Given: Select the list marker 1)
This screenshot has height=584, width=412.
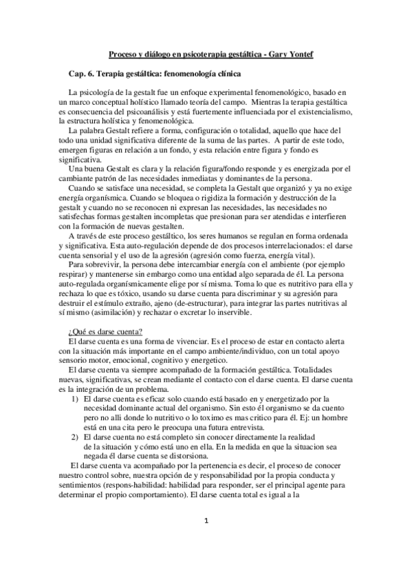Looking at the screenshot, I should click(x=75, y=399).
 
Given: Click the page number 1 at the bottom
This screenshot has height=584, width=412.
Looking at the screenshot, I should click(x=206, y=559).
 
